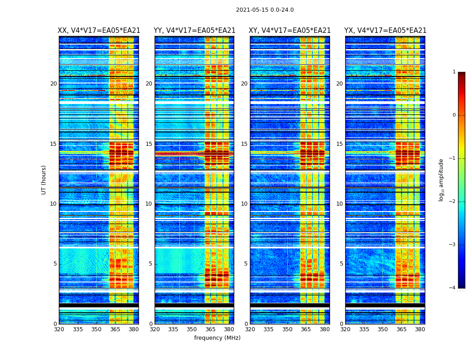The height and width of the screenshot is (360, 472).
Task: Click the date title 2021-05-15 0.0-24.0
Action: click(x=265, y=10)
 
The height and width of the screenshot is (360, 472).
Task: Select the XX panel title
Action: click(x=99, y=31)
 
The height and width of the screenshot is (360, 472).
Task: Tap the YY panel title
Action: click(x=194, y=31)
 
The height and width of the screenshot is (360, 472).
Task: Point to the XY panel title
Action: click(x=289, y=31)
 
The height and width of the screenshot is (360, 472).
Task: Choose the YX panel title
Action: click(x=385, y=31)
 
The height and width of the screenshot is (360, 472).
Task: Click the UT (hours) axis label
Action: click(x=44, y=180)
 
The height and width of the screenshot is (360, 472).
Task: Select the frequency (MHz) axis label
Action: click(x=217, y=338)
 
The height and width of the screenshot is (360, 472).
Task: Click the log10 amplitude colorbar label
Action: click(x=441, y=180)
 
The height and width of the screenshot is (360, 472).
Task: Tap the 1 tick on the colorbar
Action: click(x=454, y=72)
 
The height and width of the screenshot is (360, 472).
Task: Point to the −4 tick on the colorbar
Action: click(x=453, y=288)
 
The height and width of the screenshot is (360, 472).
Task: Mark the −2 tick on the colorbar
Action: click(x=453, y=202)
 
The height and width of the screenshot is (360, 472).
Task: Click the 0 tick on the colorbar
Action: click(x=454, y=115)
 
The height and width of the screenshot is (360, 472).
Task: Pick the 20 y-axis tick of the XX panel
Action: click(x=53, y=84)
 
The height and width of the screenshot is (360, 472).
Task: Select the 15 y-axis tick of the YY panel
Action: click(x=149, y=144)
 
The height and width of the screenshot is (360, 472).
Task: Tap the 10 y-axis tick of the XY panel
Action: click(x=244, y=204)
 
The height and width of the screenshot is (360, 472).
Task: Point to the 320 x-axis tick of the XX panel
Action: click(x=59, y=329)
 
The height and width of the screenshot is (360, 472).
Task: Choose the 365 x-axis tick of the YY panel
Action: click(x=210, y=329)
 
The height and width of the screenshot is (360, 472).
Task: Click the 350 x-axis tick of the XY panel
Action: click(x=287, y=329)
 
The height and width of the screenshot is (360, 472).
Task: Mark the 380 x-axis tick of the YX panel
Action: click(x=420, y=329)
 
